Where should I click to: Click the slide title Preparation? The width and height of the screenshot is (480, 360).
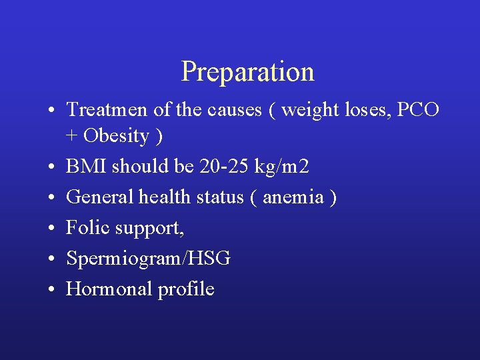coord(247,72)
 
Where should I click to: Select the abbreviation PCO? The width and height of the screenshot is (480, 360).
coord(418,109)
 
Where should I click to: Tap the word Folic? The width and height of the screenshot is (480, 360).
coord(88,228)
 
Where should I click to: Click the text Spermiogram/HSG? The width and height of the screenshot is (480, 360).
coord(148,259)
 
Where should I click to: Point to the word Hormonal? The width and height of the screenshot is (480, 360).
coord(109,289)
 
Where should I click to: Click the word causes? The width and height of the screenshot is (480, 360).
coord(237,110)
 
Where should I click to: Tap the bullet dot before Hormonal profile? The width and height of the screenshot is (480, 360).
coord(51,290)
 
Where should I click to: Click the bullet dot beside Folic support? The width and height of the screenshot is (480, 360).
coord(51,229)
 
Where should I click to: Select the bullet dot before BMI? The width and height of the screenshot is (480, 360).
coord(51,167)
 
